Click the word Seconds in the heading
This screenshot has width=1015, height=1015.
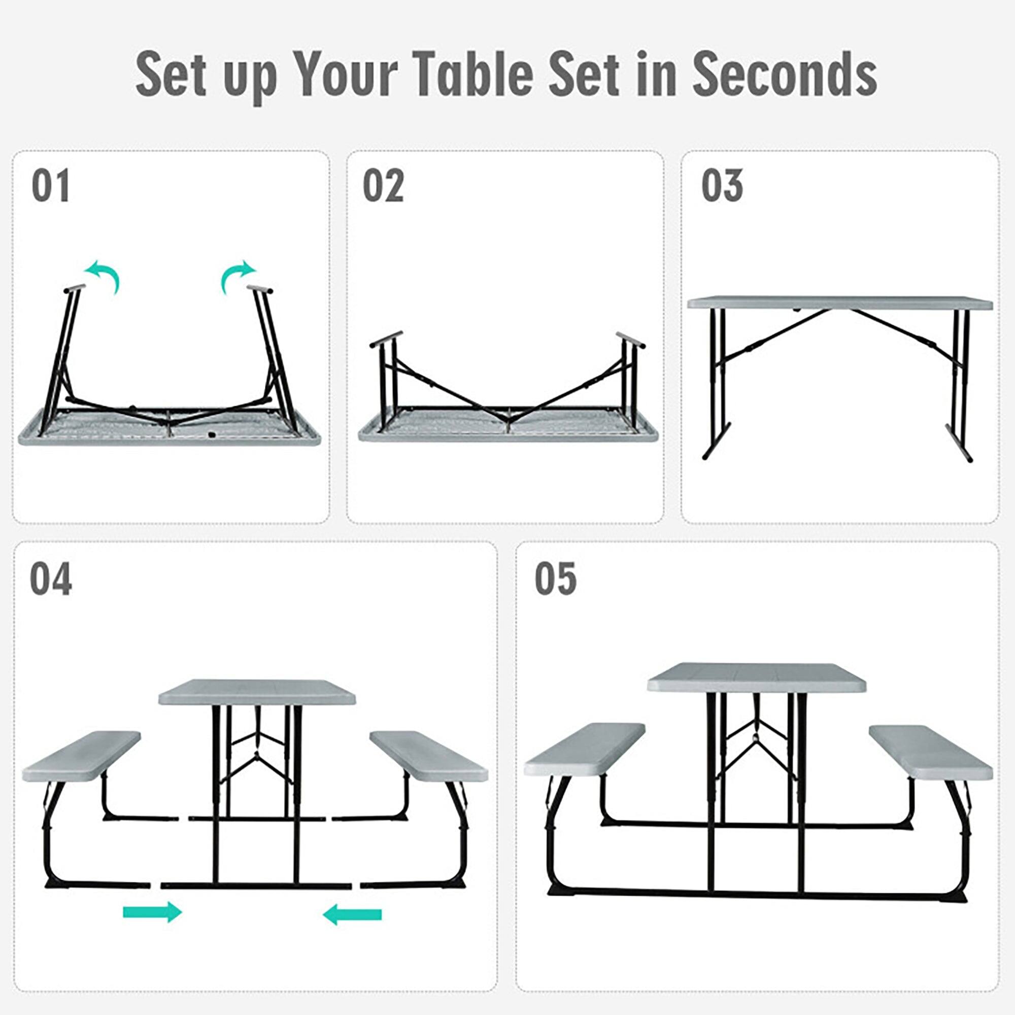coord(785,74)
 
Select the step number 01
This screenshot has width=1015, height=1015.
coord(50,186)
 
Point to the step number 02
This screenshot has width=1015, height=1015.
coord(383,186)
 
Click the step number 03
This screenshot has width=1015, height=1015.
coord(722,186)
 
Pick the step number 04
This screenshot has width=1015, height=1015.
coord(51,579)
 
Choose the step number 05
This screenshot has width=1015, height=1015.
coord(555,579)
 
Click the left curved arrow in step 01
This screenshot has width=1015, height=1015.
coord(103,275)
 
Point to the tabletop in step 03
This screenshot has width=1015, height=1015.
coord(839,303)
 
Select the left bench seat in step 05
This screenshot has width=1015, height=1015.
coord(584,749)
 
